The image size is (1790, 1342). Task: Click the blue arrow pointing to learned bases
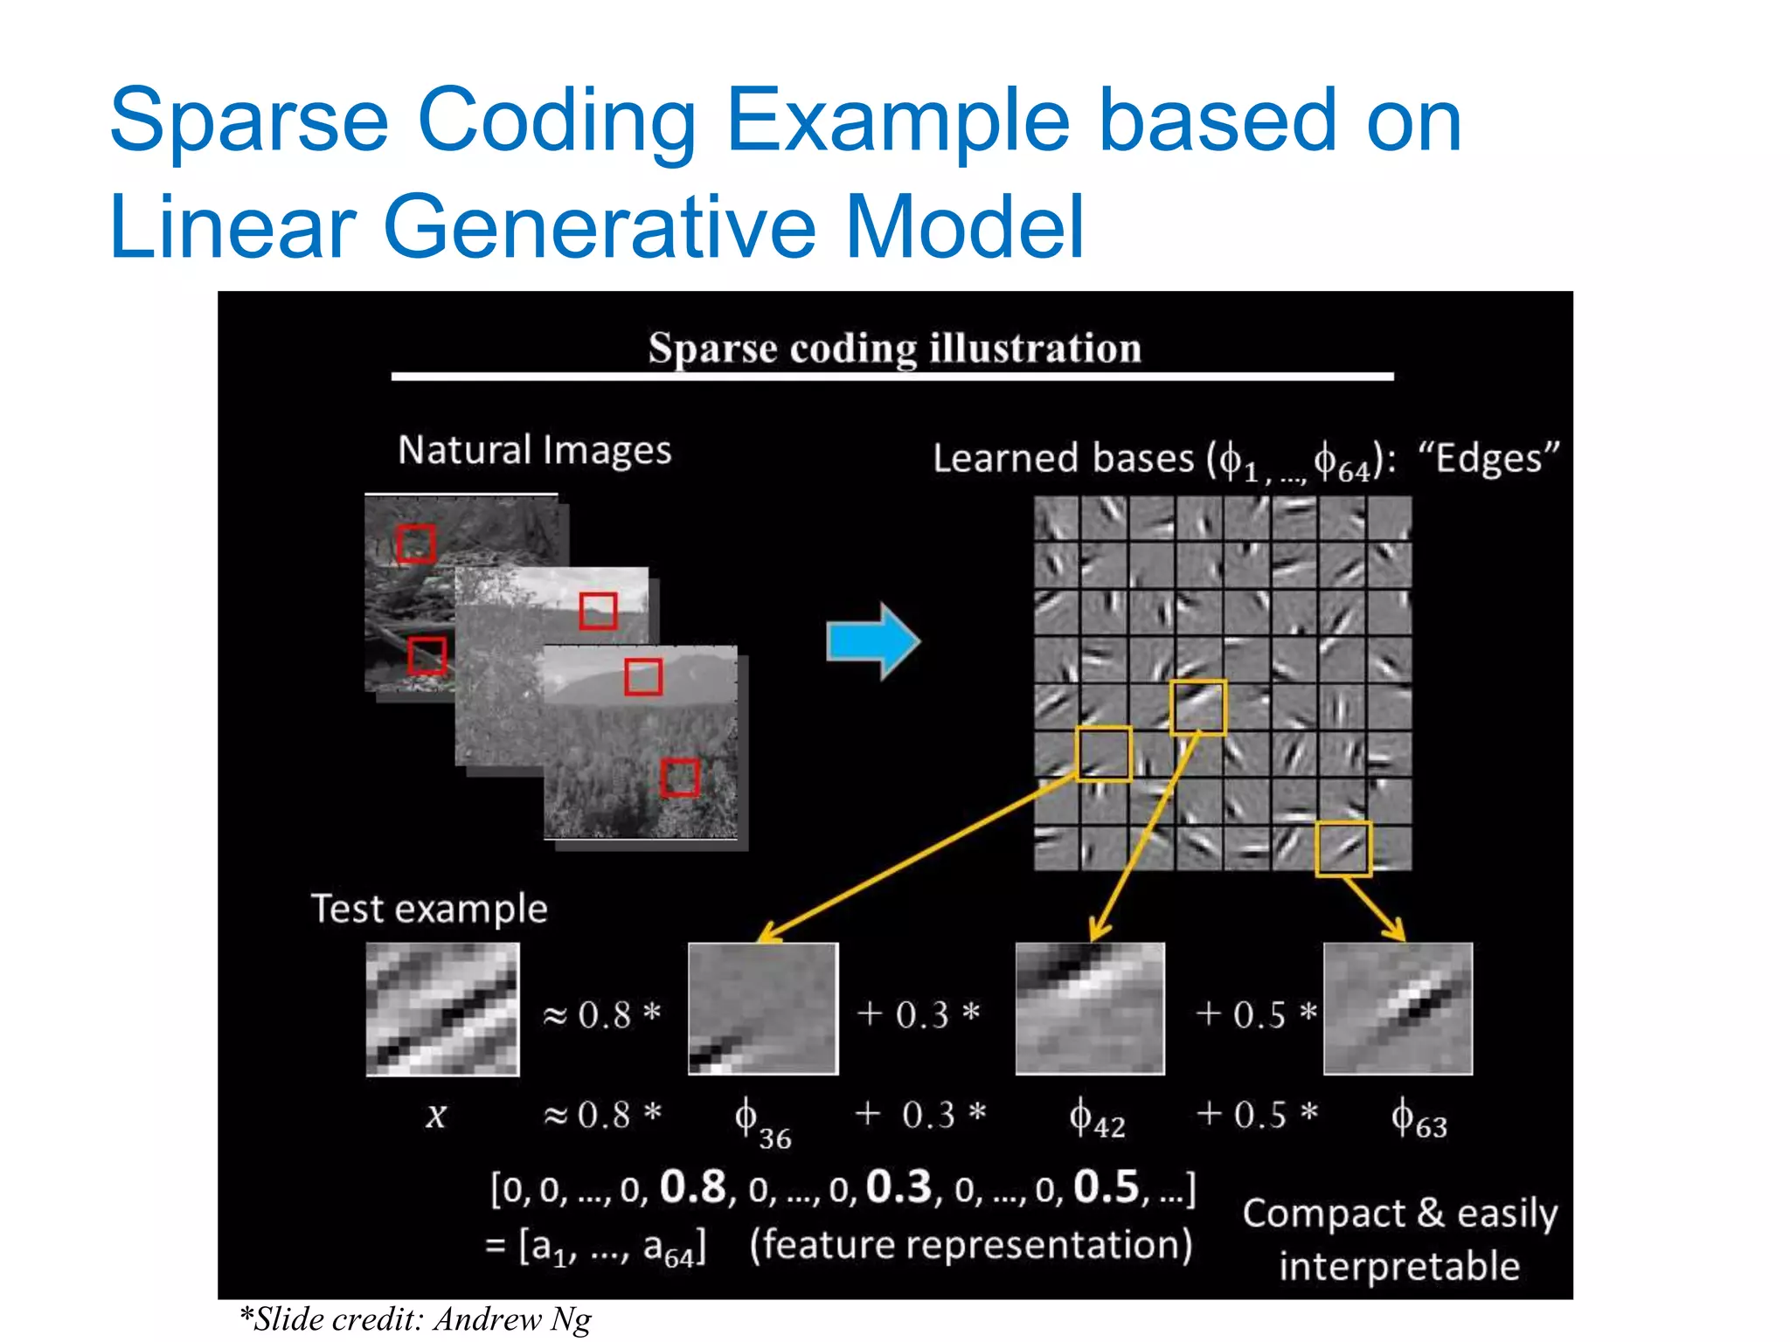(872, 640)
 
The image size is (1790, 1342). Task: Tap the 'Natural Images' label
(534, 451)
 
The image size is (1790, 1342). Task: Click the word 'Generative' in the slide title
(599, 227)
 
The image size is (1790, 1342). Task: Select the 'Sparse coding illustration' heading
(894, 349)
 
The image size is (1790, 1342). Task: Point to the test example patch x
(442, 1008)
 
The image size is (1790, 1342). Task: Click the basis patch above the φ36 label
(763, 1008)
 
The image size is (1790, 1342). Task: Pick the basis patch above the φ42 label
(1090, 1008)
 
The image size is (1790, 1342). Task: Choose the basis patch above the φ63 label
(1398, 1008)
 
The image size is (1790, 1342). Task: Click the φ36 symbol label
(761, 1122)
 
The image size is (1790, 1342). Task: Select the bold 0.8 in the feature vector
(693, 1187)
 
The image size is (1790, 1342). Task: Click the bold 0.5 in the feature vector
(1107, 1187)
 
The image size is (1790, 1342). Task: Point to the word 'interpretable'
(1399, 1266)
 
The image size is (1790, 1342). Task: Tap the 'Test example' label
(429, 910)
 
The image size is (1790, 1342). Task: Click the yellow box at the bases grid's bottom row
(1343, 848)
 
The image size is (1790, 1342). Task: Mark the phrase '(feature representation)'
(970, 1245)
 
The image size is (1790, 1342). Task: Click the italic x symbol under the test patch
(436, 1116)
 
